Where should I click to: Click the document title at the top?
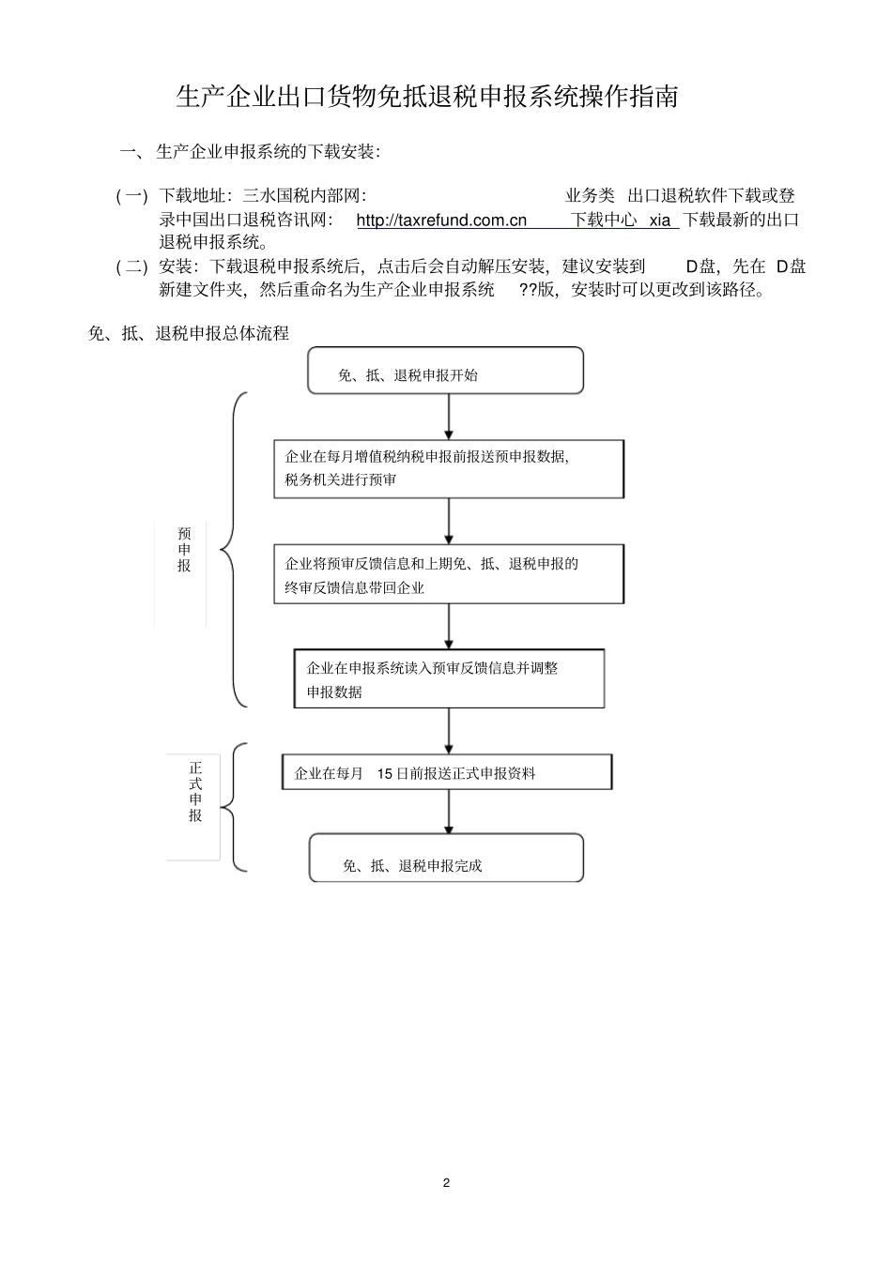427,97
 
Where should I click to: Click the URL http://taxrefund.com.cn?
441,220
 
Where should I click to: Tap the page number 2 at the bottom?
446,1182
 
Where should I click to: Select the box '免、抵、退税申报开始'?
445,371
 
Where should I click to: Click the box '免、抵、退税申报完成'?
446,858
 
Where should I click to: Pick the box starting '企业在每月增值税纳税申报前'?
449,468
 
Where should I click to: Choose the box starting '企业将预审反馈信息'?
449,574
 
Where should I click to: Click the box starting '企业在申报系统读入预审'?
449,679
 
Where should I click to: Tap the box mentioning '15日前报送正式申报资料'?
447,772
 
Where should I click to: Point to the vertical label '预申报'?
184,550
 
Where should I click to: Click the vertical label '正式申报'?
195,792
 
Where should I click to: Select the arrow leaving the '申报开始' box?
449,417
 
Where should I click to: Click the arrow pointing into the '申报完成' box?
449,812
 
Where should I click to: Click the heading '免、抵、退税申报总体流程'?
188,333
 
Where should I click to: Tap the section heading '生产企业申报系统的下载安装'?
268,151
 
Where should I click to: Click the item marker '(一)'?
131,196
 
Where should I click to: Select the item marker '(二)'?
131,267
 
